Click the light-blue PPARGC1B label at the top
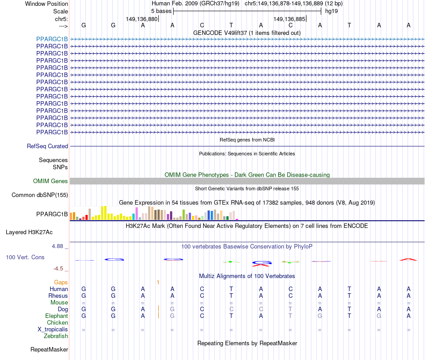(52, 39)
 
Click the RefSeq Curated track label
(47, 146)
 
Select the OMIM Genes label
(50, 181)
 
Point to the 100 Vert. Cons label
(25, 257)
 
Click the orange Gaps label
(61, 282)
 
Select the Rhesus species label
(58, 296)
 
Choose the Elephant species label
(57, 316)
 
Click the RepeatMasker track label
(49, 349)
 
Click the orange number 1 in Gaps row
(158, 282)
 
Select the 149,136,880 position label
(142, 19)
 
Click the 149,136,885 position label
(289, 19)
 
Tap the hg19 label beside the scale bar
(331, 11)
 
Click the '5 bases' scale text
(161, 11)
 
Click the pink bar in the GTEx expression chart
(137, 214)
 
